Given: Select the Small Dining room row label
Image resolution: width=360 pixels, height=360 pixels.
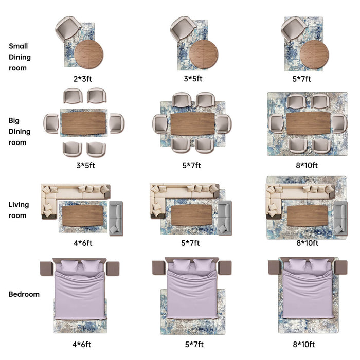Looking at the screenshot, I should point(20,57).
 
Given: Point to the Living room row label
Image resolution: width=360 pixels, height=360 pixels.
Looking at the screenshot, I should point(19,210).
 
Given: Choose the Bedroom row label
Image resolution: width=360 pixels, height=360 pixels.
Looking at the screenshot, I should point(24,295).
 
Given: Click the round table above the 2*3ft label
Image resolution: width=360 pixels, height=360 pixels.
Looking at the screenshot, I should point(88,54).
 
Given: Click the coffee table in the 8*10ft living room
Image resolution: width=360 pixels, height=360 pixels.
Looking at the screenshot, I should point(307,215).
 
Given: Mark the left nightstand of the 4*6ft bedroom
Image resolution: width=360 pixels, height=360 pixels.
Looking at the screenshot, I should point(47,268).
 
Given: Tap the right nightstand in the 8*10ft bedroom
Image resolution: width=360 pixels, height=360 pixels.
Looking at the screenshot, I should point(340,267).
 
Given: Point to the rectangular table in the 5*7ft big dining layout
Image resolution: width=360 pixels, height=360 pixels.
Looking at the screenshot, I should point(192,124).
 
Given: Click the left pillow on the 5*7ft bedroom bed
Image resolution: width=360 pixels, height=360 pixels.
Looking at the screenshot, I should point(182,266).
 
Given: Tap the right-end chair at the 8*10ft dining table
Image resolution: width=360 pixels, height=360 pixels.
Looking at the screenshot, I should point(338,123).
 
